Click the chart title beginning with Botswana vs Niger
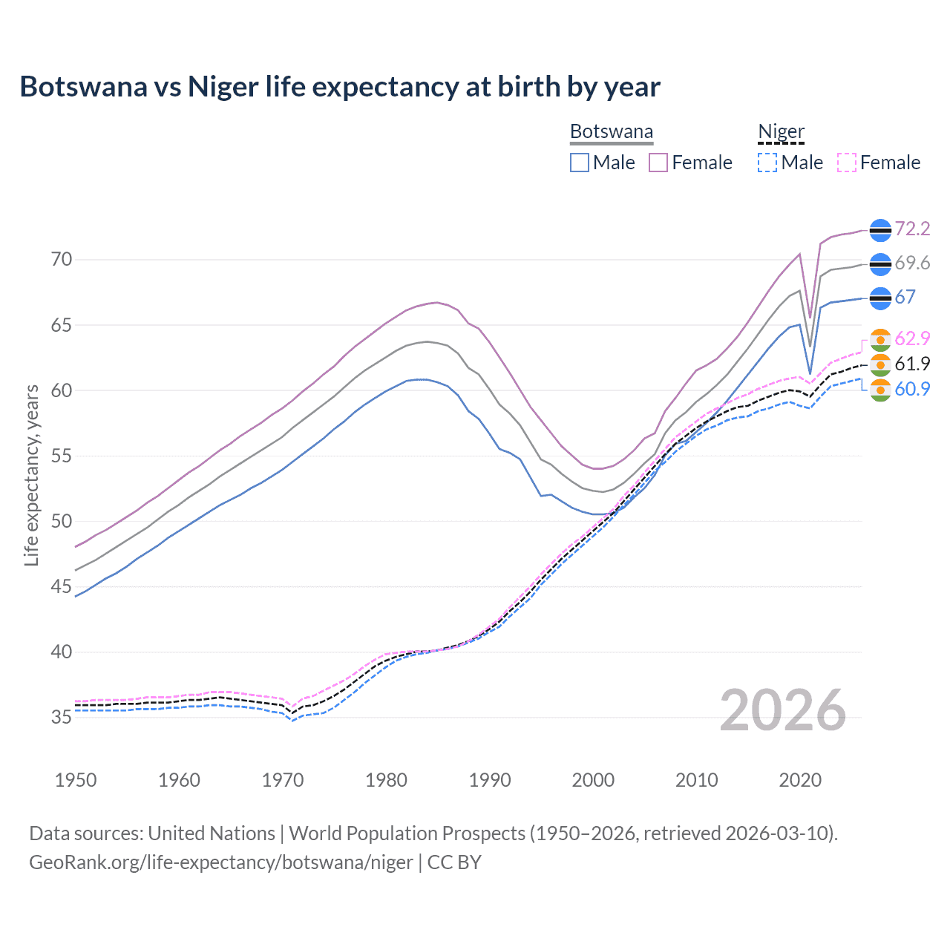coord(340,87)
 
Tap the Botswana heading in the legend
coord(612,131)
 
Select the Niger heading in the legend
coord(781,131)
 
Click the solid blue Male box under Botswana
coord(580,163)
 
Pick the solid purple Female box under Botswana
coord(658,163)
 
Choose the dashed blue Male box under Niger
coord(767,163)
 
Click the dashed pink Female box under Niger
coord(847,163)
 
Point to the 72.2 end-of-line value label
coord(912,229)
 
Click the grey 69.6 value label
coord(912,263)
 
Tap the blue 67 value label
coord(905,297)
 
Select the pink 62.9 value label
coord(912,338)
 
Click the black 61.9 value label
coord(912,364)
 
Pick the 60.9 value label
coord(912,389)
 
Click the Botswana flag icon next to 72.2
coord(880,230)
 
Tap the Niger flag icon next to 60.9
coord(880,390)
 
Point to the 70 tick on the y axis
coord(62,259)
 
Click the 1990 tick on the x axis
coord(490,780)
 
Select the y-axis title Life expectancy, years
coord(31,475)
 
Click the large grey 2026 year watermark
coord(783,710)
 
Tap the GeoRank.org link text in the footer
coord(221,862)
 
